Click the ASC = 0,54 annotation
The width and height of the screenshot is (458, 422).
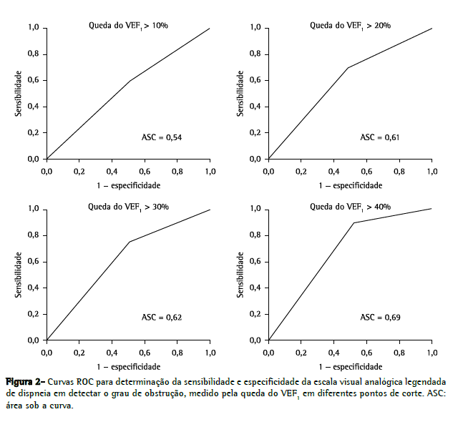click(160, 137)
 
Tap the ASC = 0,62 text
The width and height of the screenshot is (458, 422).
click(160, 317)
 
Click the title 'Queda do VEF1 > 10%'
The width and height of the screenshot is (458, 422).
click(128, 25)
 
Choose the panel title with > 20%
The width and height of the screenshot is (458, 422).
click(350, 25)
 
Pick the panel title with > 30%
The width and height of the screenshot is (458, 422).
click(128, 207)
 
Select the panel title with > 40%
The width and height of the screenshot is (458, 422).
click(350, 207)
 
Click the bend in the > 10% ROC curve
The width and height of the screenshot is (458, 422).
click(130, 81)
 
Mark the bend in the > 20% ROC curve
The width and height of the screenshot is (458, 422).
click(347, 68)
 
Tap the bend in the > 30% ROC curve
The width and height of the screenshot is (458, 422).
click(130, 242)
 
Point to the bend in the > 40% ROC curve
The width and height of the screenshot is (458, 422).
click(354, 222)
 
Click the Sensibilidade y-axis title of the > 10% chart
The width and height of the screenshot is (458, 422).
click(18, 93)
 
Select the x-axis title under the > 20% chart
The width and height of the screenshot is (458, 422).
click(350, 185)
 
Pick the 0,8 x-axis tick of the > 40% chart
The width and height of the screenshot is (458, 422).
click(399, 353)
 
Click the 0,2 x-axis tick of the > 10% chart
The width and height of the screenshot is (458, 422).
click(79, 172)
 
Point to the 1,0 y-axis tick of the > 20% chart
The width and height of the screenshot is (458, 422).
click(255, 28)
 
